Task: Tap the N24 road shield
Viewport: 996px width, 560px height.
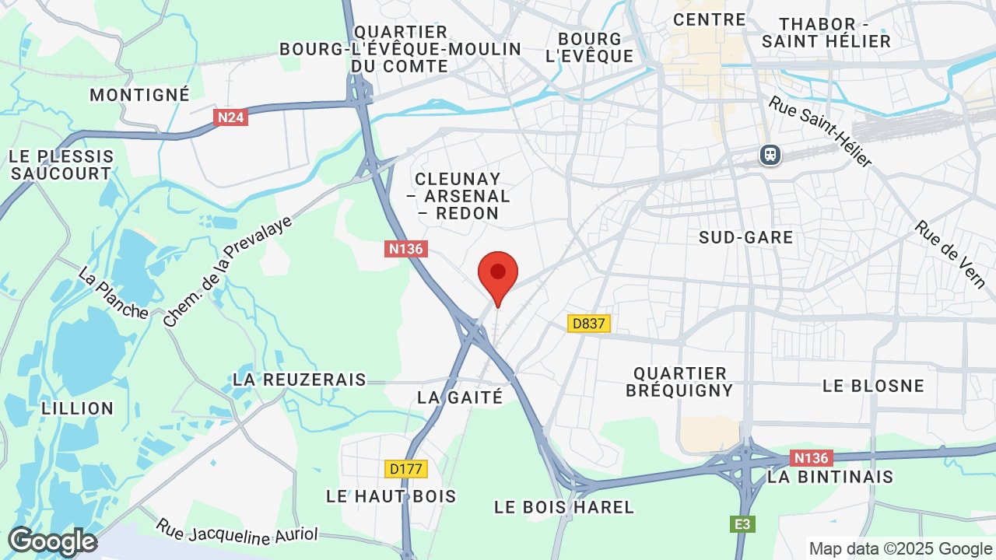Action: [230, 117]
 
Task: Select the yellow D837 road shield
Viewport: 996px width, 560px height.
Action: [588, 324]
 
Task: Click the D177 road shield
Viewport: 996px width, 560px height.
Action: [406, 469]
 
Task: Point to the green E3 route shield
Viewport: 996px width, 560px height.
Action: [743, 524]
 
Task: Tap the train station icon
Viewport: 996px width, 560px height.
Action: [770, 156]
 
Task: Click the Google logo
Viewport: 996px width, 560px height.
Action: [52, 541]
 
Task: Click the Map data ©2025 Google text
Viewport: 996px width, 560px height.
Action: [900, 548]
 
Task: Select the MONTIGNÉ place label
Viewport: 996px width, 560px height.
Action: [140, 95]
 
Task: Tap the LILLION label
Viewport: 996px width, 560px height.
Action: [78, 408]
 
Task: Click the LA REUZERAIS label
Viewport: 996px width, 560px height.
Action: [300, 380]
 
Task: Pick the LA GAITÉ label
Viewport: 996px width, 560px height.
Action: [460, 397]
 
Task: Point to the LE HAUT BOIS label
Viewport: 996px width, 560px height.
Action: [391, 496]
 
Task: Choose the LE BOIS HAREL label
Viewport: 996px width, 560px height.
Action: [564, 507]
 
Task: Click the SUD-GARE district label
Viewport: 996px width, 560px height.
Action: [746, 237]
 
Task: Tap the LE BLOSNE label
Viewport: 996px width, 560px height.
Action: [873, 386]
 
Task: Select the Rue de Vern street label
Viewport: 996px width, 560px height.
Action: [950, 254]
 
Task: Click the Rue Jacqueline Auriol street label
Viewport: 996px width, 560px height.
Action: [237, 531]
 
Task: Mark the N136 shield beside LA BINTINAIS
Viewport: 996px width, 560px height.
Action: [811, 458]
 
